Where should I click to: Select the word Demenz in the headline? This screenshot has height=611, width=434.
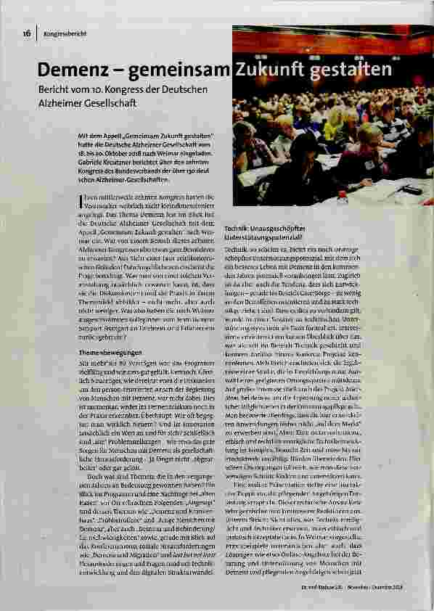(x=77, y=71)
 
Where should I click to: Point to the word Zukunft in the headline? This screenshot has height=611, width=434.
(x=270, y=71)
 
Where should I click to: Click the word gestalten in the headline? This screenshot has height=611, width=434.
(x=351, y=71)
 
